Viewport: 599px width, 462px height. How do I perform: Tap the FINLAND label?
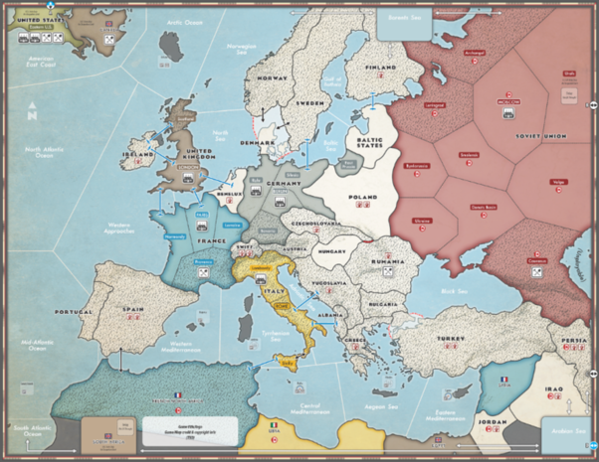[380, 68]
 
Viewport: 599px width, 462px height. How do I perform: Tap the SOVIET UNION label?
[541, 135]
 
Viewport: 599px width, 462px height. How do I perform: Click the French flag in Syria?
[503, 380]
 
